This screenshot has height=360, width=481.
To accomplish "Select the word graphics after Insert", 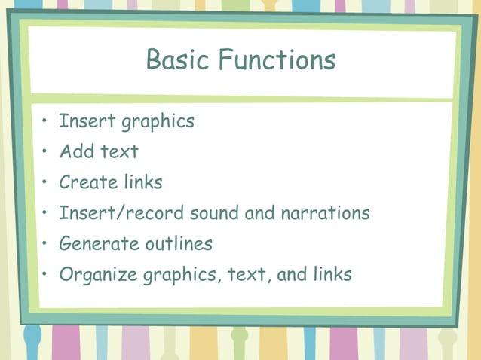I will click(158, 122).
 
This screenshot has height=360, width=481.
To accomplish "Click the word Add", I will click(76, 151).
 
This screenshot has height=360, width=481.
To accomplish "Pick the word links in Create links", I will click(143, 182).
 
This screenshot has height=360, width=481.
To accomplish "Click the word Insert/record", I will click(121, 213).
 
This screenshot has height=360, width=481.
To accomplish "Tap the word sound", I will click(214, 213).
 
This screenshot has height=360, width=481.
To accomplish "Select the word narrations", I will click(325, 213).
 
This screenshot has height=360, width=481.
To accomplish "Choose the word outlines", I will click(179, 244).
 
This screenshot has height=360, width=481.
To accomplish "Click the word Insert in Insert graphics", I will click(81, 121).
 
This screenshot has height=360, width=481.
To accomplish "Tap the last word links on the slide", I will click(332, 275).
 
